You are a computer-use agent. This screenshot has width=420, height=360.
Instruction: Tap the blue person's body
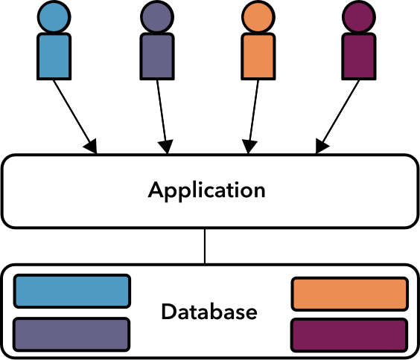[x=54, y=57]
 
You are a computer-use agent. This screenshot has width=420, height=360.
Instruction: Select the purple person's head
[x=157, y=16]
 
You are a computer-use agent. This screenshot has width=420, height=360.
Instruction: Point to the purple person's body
[x=157, y=57]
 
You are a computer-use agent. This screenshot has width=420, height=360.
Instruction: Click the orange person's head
[x=260, y=16]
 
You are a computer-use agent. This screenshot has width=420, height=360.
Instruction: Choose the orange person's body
[x=260, y=57]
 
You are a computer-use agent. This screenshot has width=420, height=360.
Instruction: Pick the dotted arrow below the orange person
[x=254, y=115]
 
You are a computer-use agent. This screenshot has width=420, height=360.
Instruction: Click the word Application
[x=207, y=190]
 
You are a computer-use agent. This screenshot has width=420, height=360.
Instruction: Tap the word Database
[x=209, y=312]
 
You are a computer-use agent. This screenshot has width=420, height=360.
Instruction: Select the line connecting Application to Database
[x=206, y=246]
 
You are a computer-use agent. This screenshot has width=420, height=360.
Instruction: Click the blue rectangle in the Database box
[x=72, y=292]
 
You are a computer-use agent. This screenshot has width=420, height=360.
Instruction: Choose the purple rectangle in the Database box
[x=72, y=334]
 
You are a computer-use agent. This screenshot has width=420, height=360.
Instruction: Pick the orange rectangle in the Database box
[x=350, y=294]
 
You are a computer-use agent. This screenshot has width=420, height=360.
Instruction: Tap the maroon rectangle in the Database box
[x=350, y=335]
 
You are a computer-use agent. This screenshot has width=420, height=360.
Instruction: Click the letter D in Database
[x=168, y=312]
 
